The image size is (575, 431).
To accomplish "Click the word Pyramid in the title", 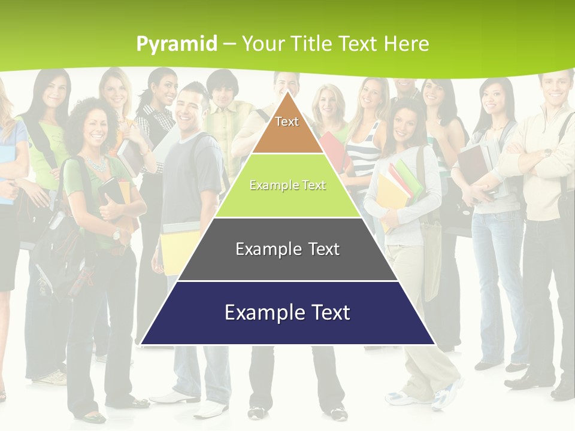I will [x=177, y=44].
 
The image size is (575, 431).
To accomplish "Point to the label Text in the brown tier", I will [x=287, y=122].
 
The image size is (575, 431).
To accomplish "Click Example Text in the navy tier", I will [x=287, y=312].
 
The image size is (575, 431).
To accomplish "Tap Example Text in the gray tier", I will [x=287, y=249].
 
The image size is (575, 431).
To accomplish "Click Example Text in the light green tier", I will [x=287, y=186].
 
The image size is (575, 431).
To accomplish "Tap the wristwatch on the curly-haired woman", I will [x=116, y=234].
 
